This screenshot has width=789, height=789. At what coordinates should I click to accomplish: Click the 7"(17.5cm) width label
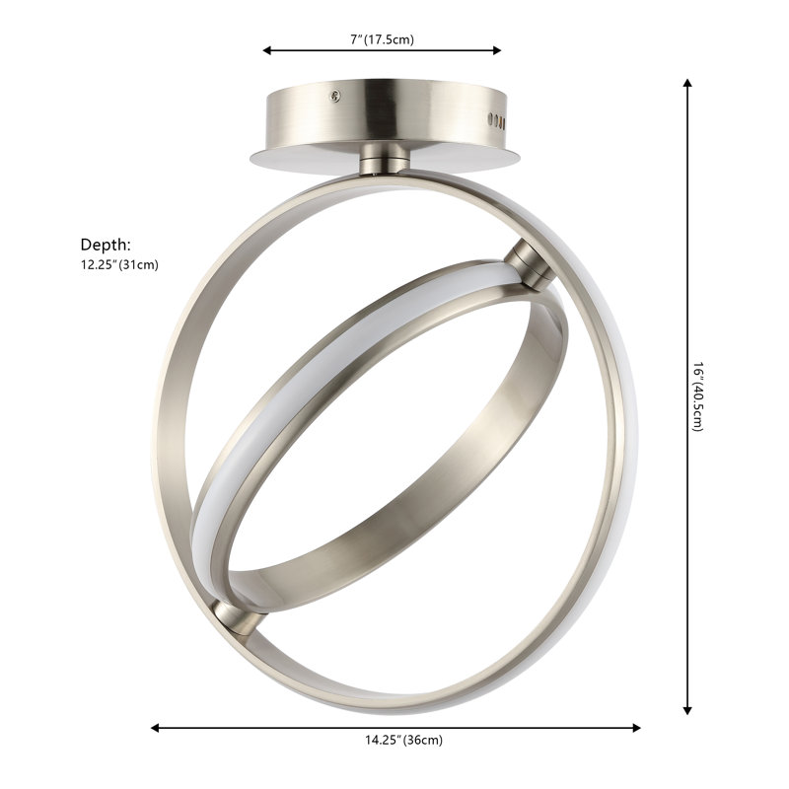tap(382, 39)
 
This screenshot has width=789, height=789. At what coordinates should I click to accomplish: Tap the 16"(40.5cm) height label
tap(697, 396)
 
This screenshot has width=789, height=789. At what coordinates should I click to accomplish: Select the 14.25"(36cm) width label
tap(404, 740)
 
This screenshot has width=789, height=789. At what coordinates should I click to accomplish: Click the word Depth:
tap(106, 245)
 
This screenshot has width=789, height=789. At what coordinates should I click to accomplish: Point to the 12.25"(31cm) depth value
tap(119, 264)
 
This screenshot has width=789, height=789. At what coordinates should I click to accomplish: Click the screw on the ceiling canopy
tap(334, 95)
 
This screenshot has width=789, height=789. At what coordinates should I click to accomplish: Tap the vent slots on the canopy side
tap(496, 120)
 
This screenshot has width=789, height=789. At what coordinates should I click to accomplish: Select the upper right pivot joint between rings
tap(529, 264)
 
